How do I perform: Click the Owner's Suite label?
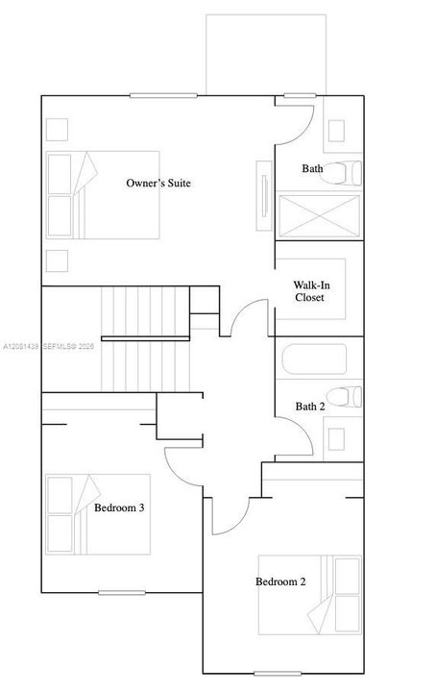tap(158, 183)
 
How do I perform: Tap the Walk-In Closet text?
tap(311, 291)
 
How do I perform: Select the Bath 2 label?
tap(310, 407)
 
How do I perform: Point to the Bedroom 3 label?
tap(119, 507)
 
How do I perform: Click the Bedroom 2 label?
tap(280, 581)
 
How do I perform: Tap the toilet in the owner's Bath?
tap(341, 173)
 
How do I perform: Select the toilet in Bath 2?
tap(344, 397)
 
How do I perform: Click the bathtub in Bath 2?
tap(314, 359)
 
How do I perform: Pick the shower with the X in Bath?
tap(320, 216)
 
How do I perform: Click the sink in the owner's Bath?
tap(336, 131)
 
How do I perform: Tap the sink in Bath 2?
tap(336, 439)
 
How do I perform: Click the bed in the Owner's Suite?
tap(103, 195)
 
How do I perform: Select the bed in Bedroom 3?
tap(98, 514)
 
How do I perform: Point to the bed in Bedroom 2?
tap(310, 595)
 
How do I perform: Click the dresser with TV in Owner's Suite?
tap(264, 195)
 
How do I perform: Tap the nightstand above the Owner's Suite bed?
tap(57, 130)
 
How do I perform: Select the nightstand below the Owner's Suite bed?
tap(57, 260)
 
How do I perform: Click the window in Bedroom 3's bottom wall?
tap(122, 592)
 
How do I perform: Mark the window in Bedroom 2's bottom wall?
tap(278, 674)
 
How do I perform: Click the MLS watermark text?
tap(49, 347)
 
